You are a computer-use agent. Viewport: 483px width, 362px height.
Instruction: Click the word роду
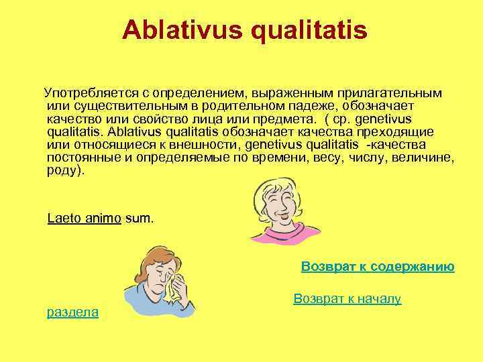click(x=66, y=171)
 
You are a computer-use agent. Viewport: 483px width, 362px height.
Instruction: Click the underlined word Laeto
click(x=66, y=219)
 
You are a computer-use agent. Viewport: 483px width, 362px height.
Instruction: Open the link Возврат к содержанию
click(x=378, y=267)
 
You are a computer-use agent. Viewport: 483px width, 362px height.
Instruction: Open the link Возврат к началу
click(x=347, y=299)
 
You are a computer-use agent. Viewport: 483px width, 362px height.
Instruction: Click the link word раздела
click(x=72, y=312)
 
